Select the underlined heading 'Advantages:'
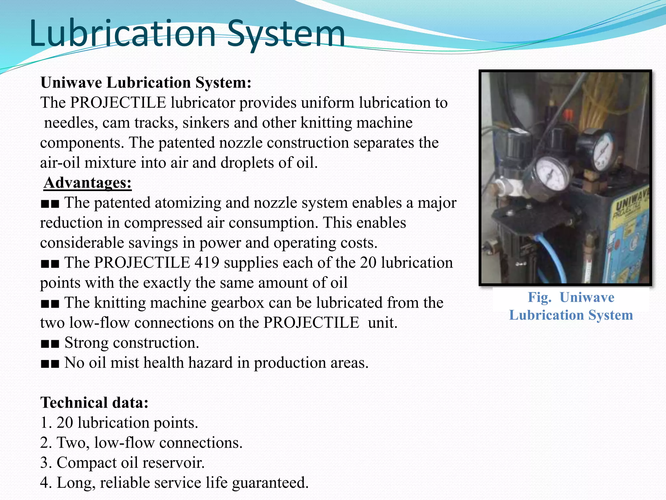click(x=87, y=183)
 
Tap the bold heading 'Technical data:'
click(x=94, y=403)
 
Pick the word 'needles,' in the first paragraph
click(x=71, y=123)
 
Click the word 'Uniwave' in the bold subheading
click(x=71, y=83)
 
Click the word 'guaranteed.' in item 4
click(x=270, y=483)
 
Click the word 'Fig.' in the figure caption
click(x=539, y=297)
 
